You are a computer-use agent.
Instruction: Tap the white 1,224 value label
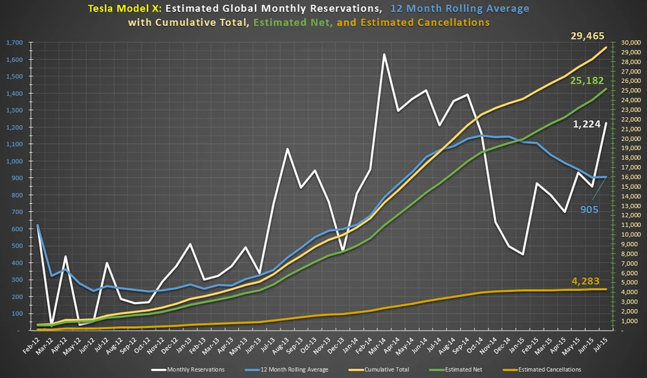pyautogui.click(x=587, y=124)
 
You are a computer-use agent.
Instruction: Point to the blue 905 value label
pyautogui.click(x=589, y=209)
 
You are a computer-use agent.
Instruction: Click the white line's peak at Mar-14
pyautogui.click(x=384, y=54)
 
